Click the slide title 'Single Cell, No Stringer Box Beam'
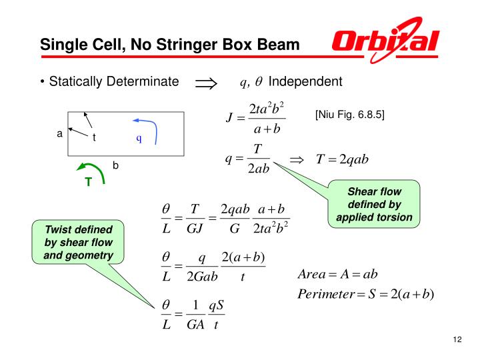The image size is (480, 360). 170,45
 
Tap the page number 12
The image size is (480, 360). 457,341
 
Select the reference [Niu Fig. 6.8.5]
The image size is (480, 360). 350,114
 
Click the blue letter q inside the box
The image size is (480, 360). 139,139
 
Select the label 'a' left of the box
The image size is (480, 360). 59,133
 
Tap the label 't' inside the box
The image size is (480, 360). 95,137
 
